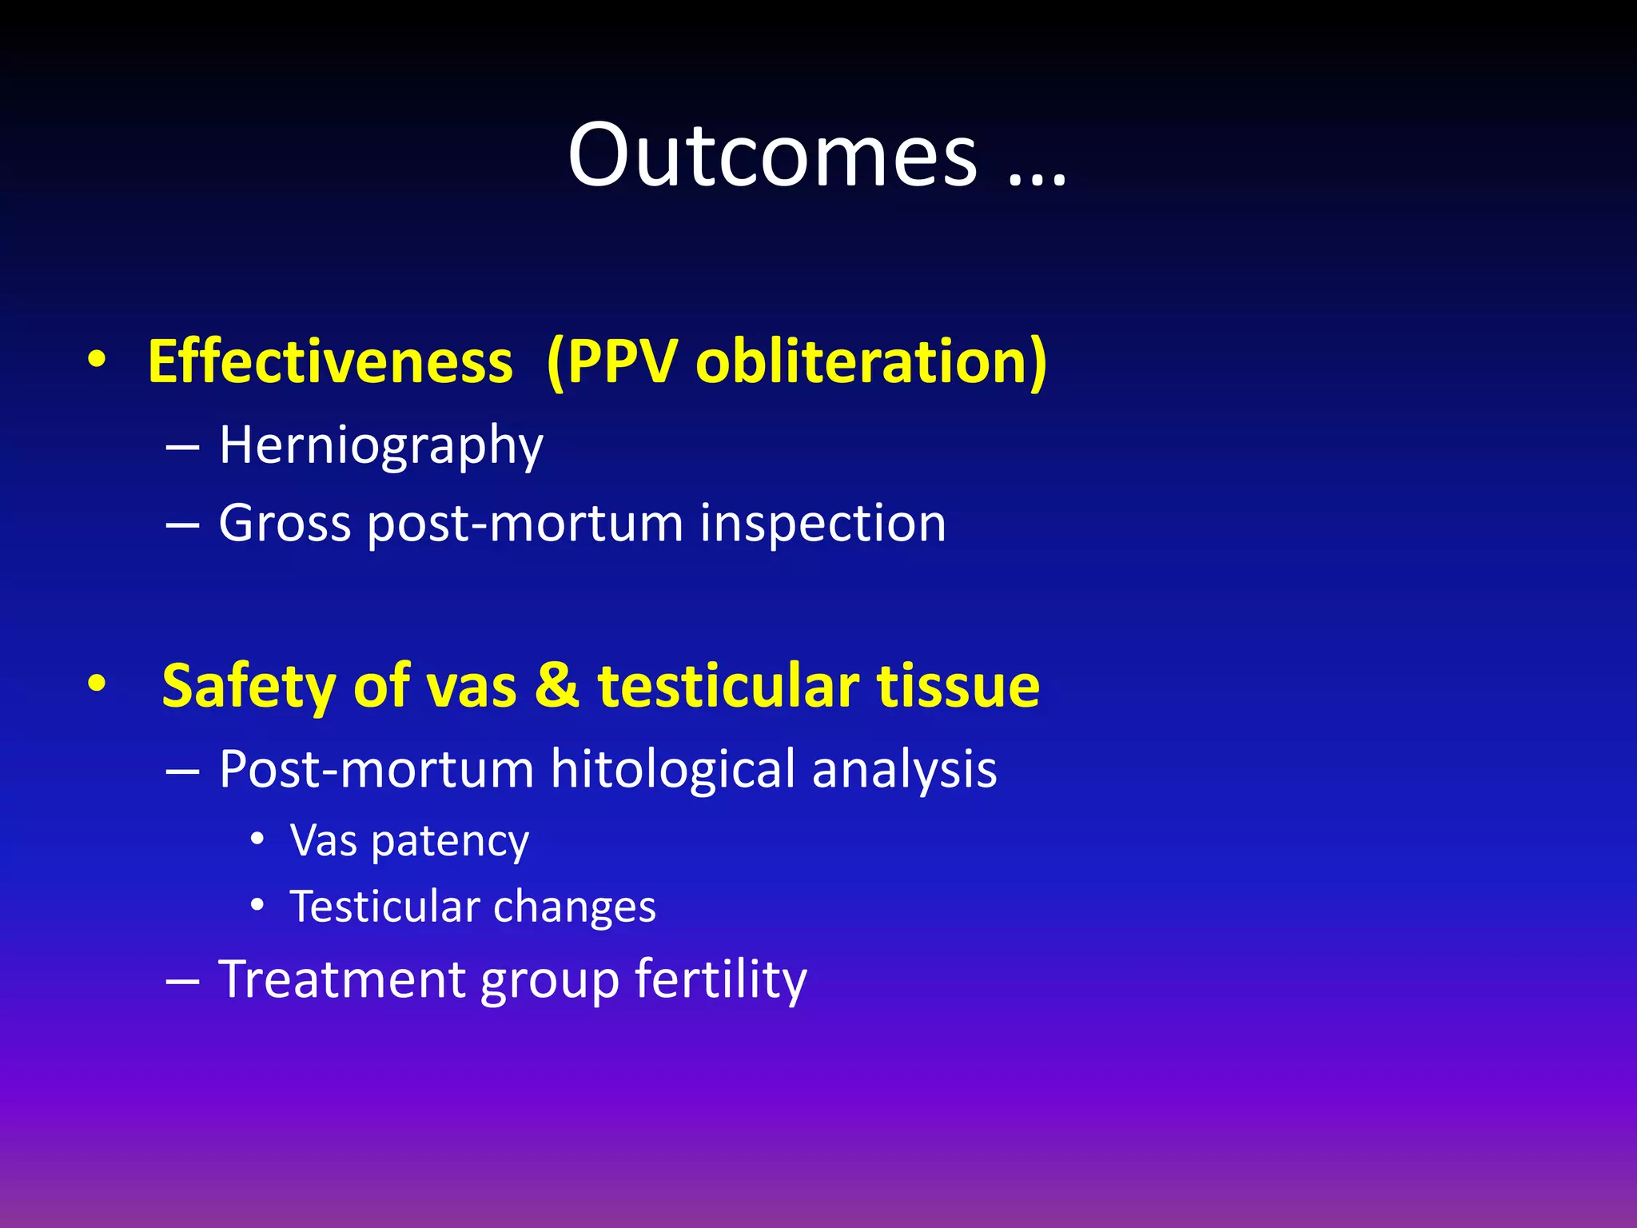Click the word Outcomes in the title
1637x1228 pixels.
point(772,156)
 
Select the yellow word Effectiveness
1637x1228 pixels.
point(330,362)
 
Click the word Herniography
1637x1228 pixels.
point(381,445)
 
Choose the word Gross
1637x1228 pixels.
point(285,524)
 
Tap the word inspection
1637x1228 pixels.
point(822,524)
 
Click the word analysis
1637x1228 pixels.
point(904,770)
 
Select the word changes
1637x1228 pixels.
point(575,907)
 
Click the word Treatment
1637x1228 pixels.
point(341,979)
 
